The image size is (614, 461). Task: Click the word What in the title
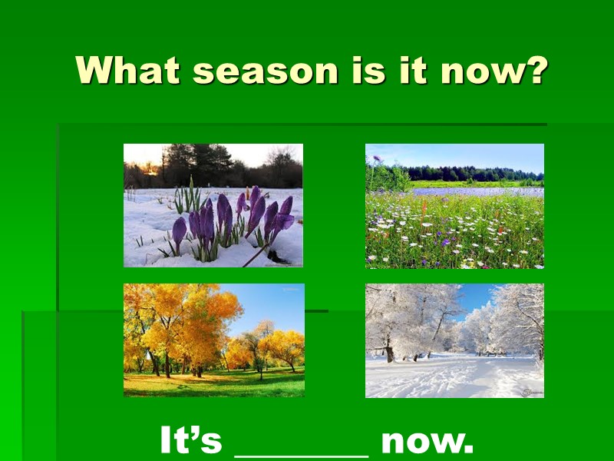click(x=127, y=71)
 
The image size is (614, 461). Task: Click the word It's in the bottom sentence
click(x=190, y=442)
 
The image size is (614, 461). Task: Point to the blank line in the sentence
click(x=301, y=453)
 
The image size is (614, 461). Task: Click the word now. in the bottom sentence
click(x=427, y=442)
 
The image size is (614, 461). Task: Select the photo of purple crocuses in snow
click(x=213, y=205)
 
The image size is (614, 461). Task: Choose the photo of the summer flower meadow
click(x=454, y=206)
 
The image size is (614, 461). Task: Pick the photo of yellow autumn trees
click(x=213, y=340)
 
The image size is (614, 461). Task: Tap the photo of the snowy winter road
click(x=454, y=340)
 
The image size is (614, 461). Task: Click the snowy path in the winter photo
click(x=445, y=376)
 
